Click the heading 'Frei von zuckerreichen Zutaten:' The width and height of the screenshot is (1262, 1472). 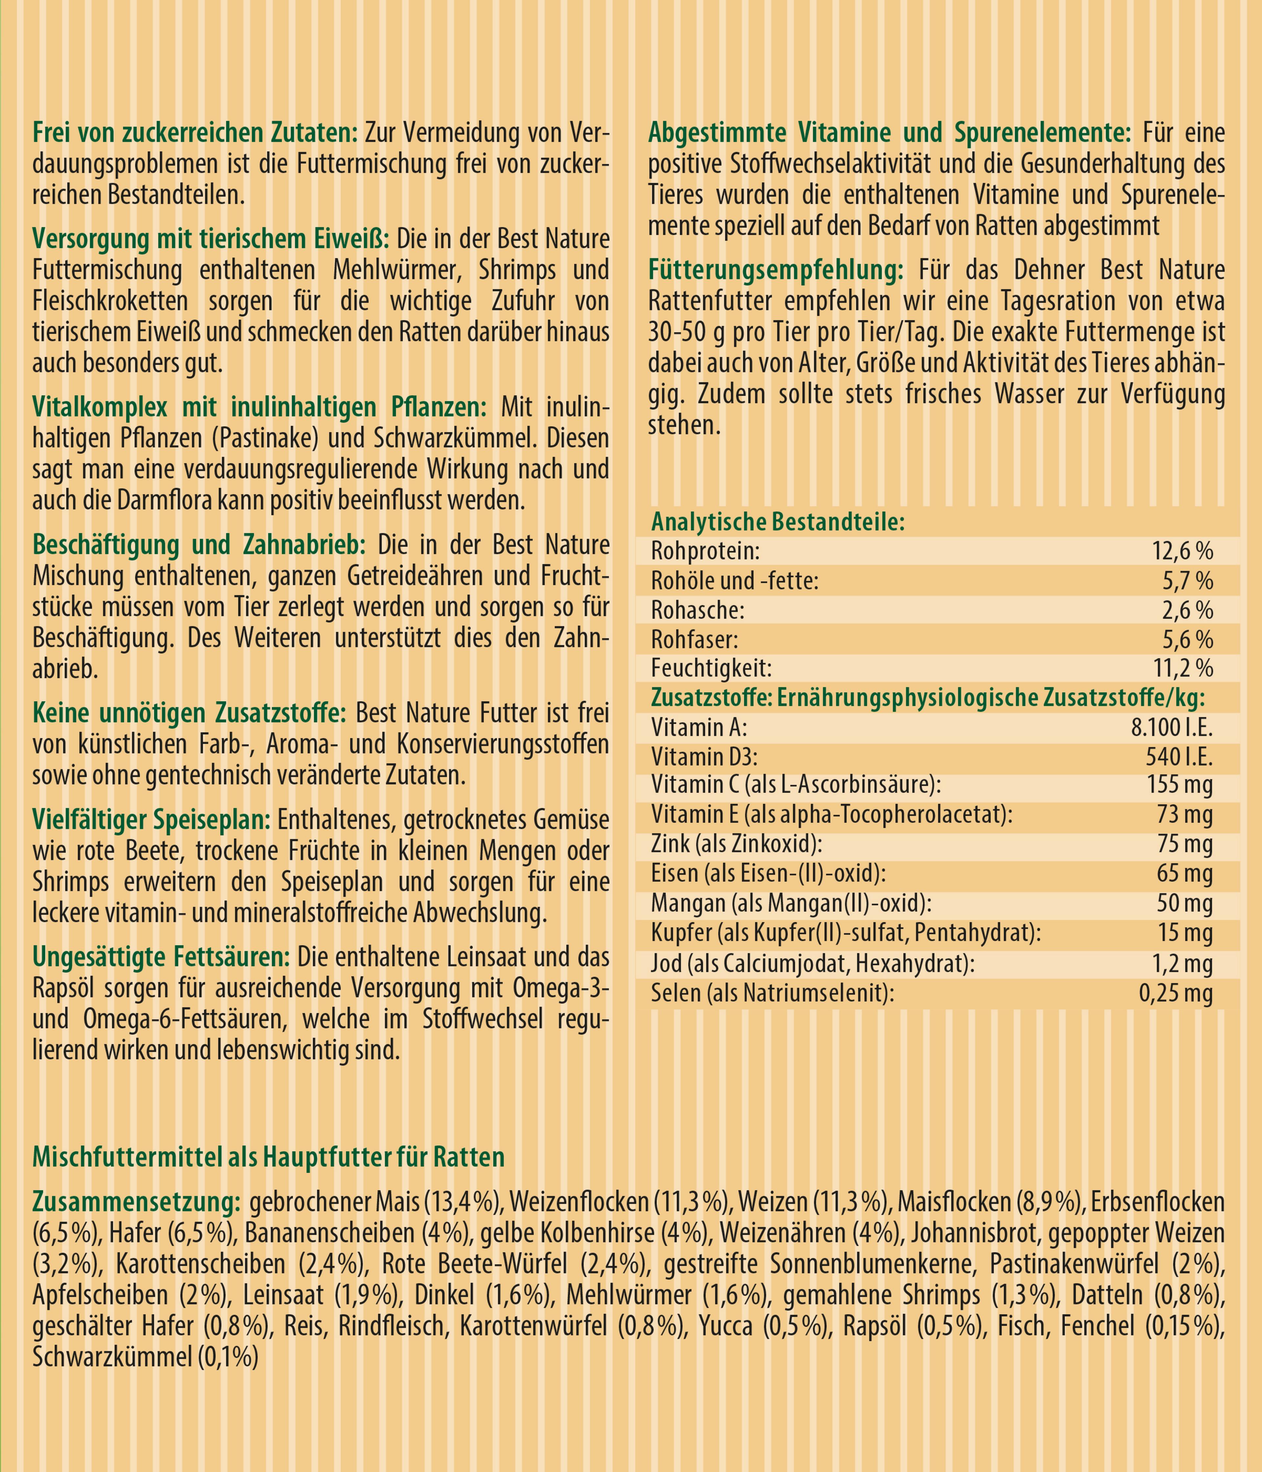pyautogui.click(x=198, y=133)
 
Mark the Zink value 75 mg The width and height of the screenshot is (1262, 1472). pyautogui.click(x=1184, y=845)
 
